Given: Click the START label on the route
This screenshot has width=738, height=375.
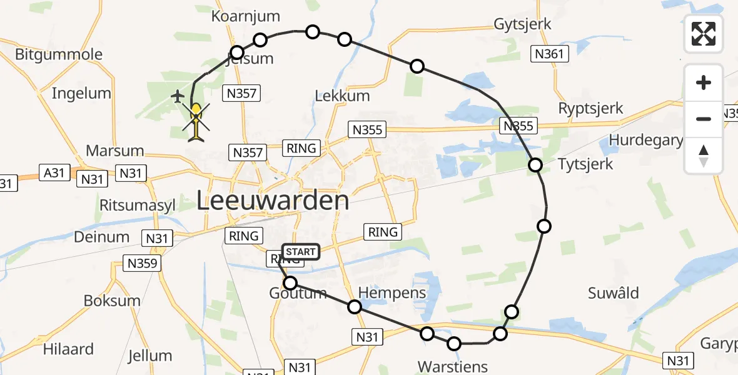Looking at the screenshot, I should (x=301, y=252).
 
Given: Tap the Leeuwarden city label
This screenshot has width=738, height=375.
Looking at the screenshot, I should (x=273, y=201).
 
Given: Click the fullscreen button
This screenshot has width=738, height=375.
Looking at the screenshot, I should (x=704, y=34).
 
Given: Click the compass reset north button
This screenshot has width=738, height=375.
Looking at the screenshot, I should (x=704, y=156).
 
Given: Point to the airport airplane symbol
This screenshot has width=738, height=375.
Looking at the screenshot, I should (x=178, y=96).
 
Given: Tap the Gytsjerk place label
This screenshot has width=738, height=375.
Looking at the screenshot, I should (x=522, y=24).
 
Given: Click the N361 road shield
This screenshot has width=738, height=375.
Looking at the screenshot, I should (x=550, y=54).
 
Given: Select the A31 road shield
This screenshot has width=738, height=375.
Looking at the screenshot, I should (x=54, y=172).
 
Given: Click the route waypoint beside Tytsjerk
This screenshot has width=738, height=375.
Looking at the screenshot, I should (x=535, y=165).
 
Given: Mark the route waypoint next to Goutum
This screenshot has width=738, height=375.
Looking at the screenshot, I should (x=290, y=283).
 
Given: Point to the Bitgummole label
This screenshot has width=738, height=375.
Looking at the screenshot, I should (x=58, y=54).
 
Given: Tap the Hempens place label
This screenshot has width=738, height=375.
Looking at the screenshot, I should (x=392, y=292).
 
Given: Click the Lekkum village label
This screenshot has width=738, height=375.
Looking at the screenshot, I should (x=342, y=96).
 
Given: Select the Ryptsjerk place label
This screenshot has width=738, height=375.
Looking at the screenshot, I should (x=590, y=108).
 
